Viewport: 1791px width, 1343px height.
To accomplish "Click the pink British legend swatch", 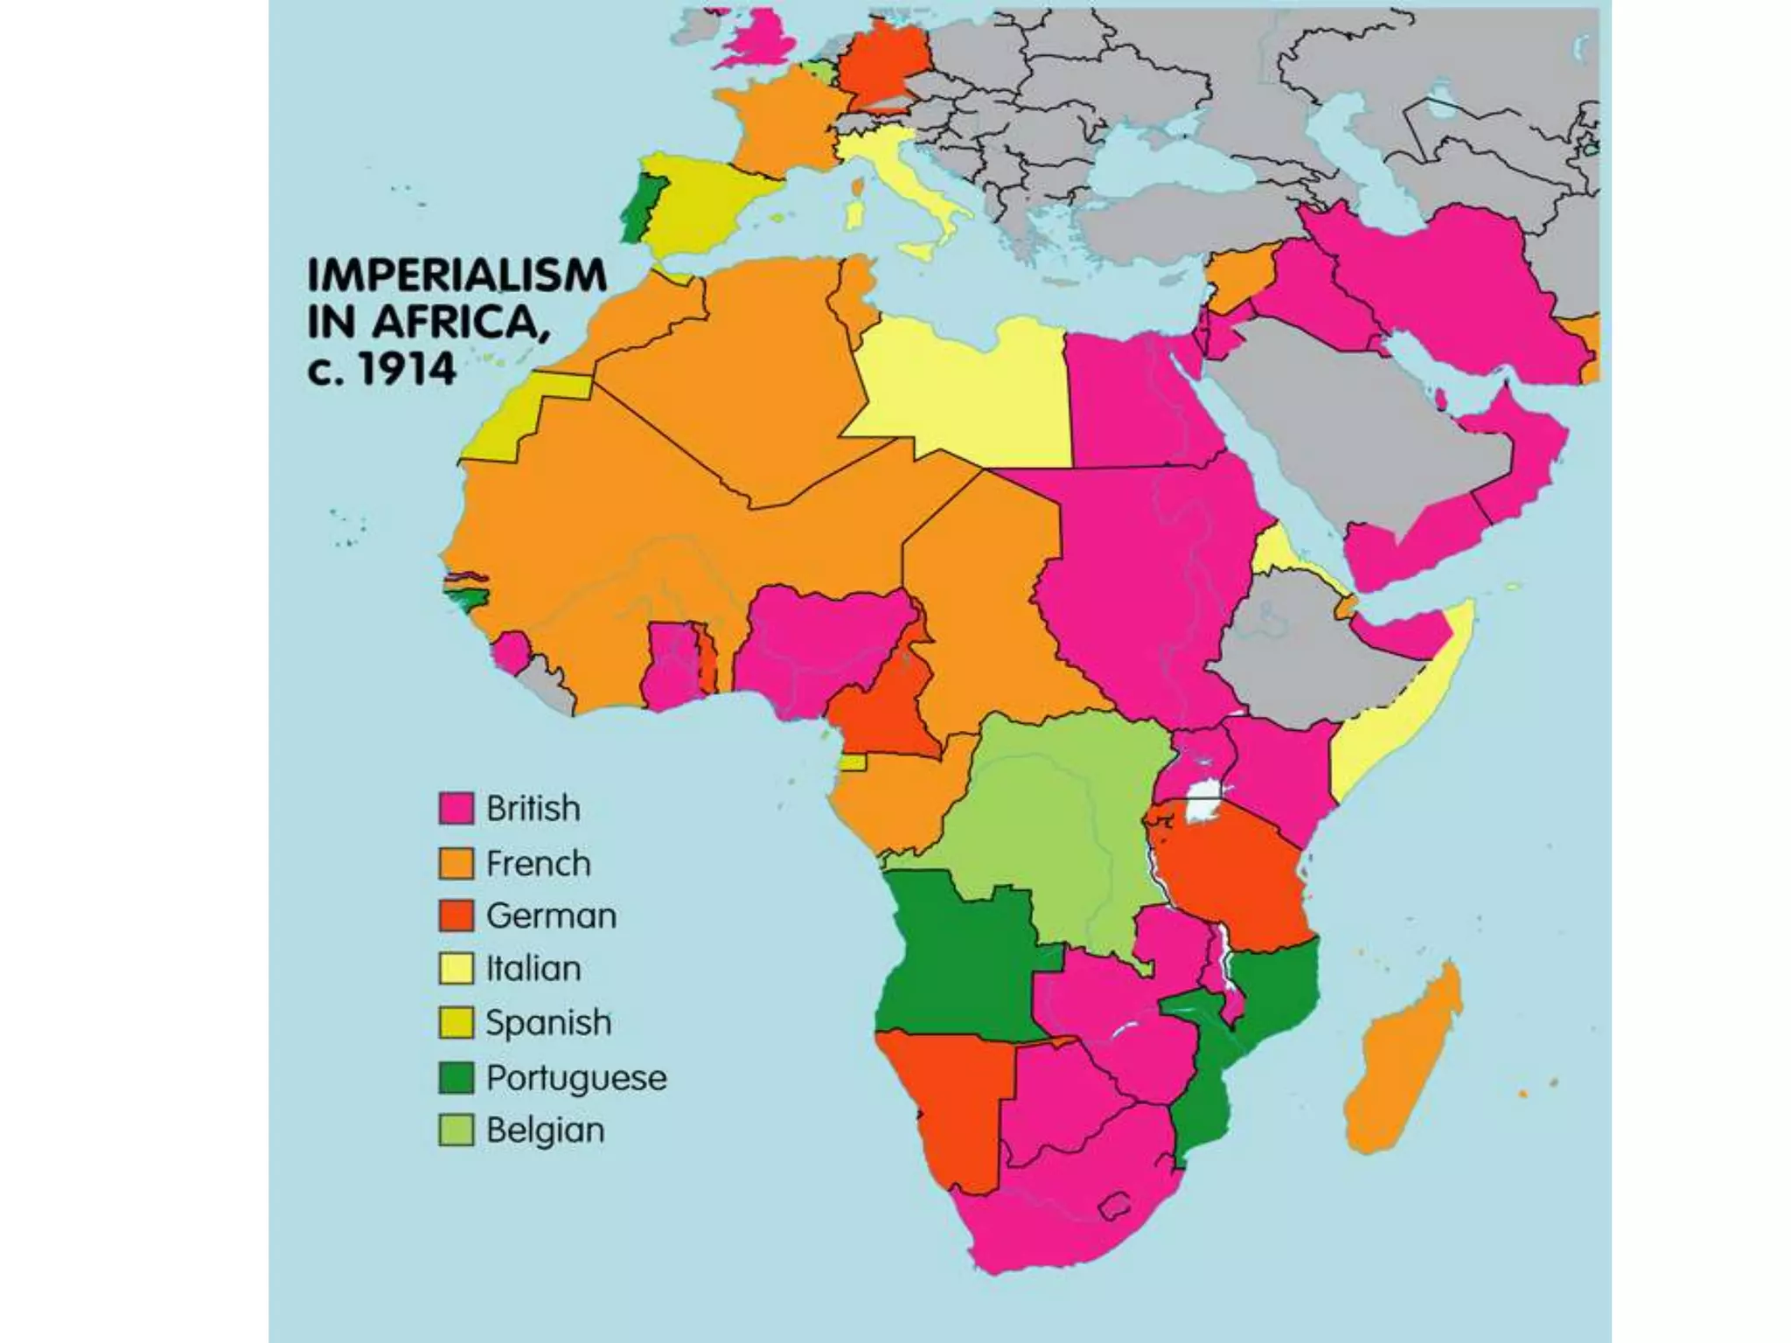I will pyautogui.click(x=456, y=809).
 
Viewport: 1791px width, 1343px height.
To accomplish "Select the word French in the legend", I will pyautogui.click(x=538, y=864).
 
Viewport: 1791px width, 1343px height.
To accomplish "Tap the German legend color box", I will pyautogui.click(x=456, y=915).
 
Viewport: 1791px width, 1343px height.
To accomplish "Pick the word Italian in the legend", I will pyautogui.click(x=533, y=969).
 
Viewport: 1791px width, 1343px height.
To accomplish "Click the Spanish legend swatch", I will pyautogui.click(x=456, y=1022).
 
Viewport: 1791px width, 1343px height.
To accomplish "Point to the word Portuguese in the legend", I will pyautogui.click(x=575, y=1078).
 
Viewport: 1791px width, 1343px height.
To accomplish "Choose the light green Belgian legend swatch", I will pyautogui.click(x=456, y=1130).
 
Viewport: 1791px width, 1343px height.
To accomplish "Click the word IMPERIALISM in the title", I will pyautogui.click(x=456, y=276).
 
